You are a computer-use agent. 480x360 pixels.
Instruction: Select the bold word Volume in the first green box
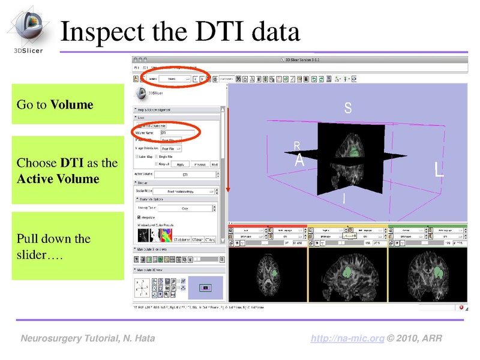72,105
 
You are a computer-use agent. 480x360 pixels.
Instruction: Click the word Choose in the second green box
37,163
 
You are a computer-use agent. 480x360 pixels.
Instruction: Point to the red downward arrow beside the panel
228,150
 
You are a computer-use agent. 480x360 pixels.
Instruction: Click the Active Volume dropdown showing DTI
185,175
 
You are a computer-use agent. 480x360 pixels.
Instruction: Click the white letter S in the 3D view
347,108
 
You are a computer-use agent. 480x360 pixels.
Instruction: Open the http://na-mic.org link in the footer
347,339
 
